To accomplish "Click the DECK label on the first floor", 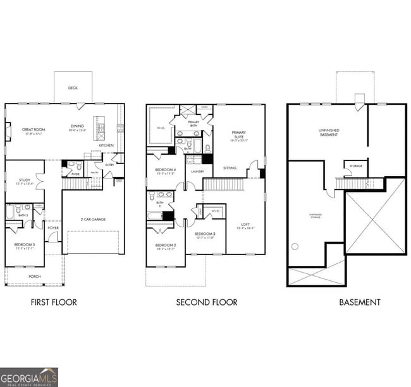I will [73, 88].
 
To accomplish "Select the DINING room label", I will [77, 128].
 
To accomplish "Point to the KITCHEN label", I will [106, 145].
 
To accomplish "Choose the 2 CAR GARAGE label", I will [93, 219].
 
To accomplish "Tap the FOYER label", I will [53, 229].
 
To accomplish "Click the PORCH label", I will [34, 277].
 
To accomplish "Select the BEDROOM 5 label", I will [24, 244].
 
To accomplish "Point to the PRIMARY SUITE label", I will [238, 134].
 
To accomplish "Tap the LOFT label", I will [245, 225].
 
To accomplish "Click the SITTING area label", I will [230, 168].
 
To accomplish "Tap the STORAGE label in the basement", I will [354, 167].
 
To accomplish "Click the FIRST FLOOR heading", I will [54, 302].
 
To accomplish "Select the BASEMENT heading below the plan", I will [360, 302].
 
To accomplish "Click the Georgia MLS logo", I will [29, 376].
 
